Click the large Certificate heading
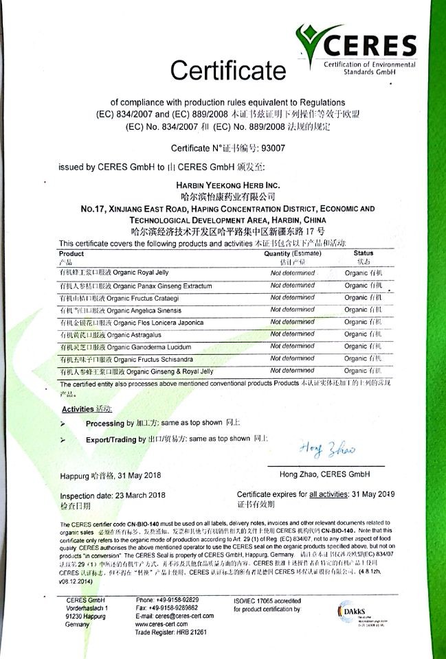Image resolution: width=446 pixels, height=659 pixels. [227, 69]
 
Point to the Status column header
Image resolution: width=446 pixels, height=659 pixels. [364, 253]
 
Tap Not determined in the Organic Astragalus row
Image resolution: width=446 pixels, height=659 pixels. [293, 334]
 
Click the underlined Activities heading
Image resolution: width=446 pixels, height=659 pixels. [77, 408]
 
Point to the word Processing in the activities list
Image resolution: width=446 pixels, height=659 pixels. [105, 424]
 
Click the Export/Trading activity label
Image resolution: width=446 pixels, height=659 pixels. [111, 439]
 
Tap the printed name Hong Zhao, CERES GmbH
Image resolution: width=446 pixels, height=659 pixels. [324, 474]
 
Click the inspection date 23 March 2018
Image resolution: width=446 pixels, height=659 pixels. [145, 495]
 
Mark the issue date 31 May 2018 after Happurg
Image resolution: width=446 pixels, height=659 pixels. [140, 475]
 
